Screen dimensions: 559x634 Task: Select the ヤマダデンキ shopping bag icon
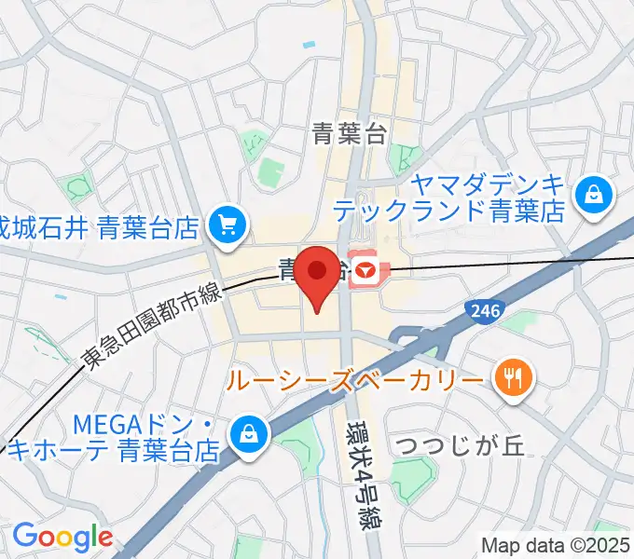(594, 195)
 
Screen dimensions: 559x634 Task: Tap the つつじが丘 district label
(461, 444)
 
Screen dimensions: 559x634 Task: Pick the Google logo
(62, 537)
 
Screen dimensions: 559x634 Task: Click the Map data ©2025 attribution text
(557, 544)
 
